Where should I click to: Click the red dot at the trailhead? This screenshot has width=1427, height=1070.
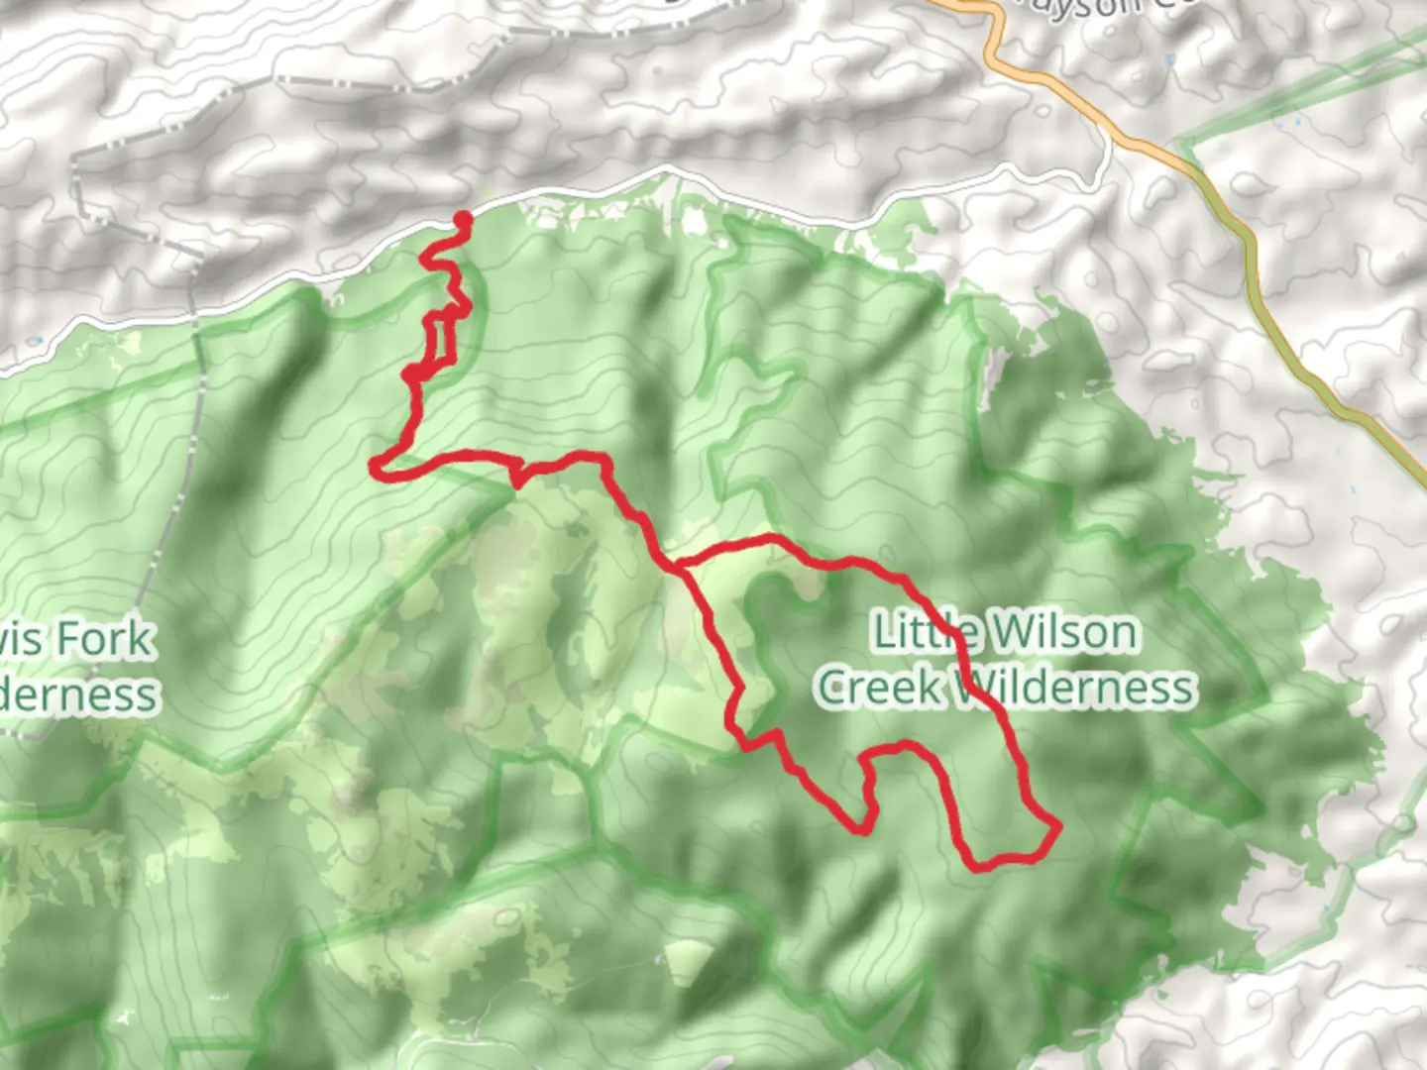tap(462, 219)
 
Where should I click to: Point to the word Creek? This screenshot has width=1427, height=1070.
tap(880, 688)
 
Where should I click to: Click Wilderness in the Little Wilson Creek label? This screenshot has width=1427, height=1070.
tap(1073, 688)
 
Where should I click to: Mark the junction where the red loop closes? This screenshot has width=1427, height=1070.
tap(679, 567)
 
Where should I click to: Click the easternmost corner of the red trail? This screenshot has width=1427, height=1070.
tap(1057, 825)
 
